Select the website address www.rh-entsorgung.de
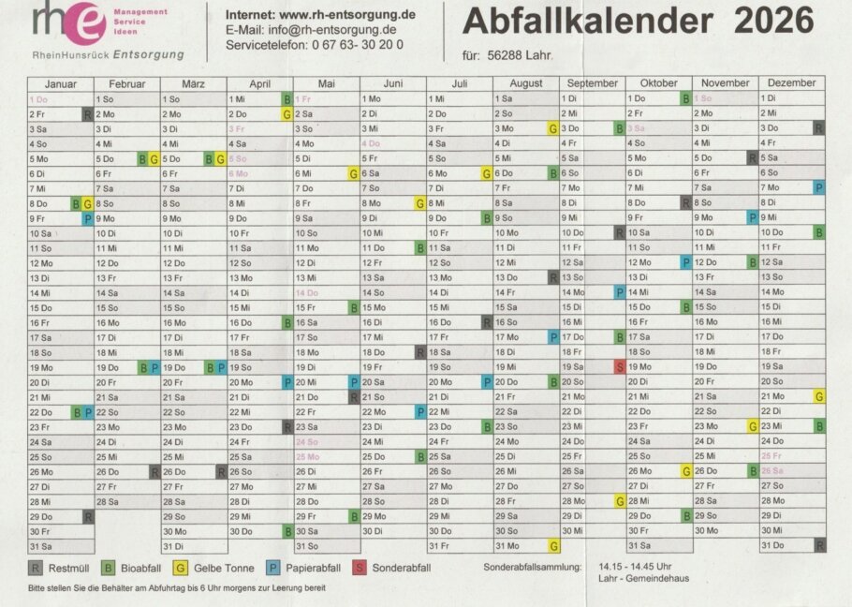coord(347,14)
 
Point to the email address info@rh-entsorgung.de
coord(333,29)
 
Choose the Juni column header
coord(392,83)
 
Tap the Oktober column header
coord(658,83)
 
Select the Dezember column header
coord(792,83)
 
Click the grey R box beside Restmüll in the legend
coord(36,568)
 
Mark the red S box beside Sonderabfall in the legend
coord(359,568)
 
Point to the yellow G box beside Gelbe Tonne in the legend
coord(182,568)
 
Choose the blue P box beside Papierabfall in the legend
coord(272,568)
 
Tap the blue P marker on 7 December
coord(819,187)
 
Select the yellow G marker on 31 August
coord(553,546)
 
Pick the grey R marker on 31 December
coord(819,546)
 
